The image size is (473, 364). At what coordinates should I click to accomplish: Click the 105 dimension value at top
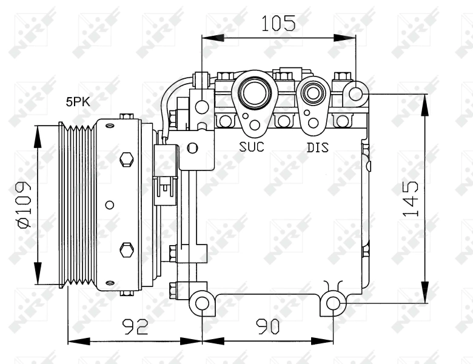(x=278, y=23)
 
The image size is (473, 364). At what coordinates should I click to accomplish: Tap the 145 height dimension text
(x=411, y=198)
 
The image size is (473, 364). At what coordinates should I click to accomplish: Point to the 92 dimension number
(x=135, y=327)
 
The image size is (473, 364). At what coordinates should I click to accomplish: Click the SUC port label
(x=251, y=147)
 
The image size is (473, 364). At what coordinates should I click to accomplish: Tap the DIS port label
(x=317, y=147)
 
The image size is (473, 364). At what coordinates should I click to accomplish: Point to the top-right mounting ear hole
(x=356, y=95)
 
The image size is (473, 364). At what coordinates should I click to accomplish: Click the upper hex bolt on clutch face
(x=126, y=159)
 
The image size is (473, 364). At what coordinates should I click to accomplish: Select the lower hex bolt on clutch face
(x=126, y=249)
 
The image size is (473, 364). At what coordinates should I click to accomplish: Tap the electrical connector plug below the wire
(x=166, y=182)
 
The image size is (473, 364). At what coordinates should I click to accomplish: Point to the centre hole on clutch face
(x=109, y=204)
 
